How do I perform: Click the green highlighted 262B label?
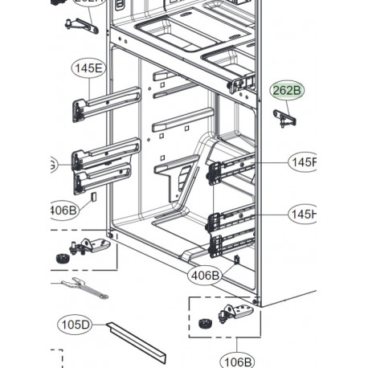click(286, 90)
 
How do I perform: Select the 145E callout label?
click(88, 68)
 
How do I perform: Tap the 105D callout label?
click(75, 325)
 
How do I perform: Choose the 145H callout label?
click(304, 214)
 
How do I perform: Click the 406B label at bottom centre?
click(205, 276)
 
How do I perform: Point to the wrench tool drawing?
click(80, 290)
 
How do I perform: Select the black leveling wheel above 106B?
click(203, 325)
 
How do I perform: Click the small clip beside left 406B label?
click(93, 196)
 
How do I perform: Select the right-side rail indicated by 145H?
click(233, 219)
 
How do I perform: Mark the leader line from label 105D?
click(100, 325)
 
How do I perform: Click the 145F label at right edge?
click(305, 162)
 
